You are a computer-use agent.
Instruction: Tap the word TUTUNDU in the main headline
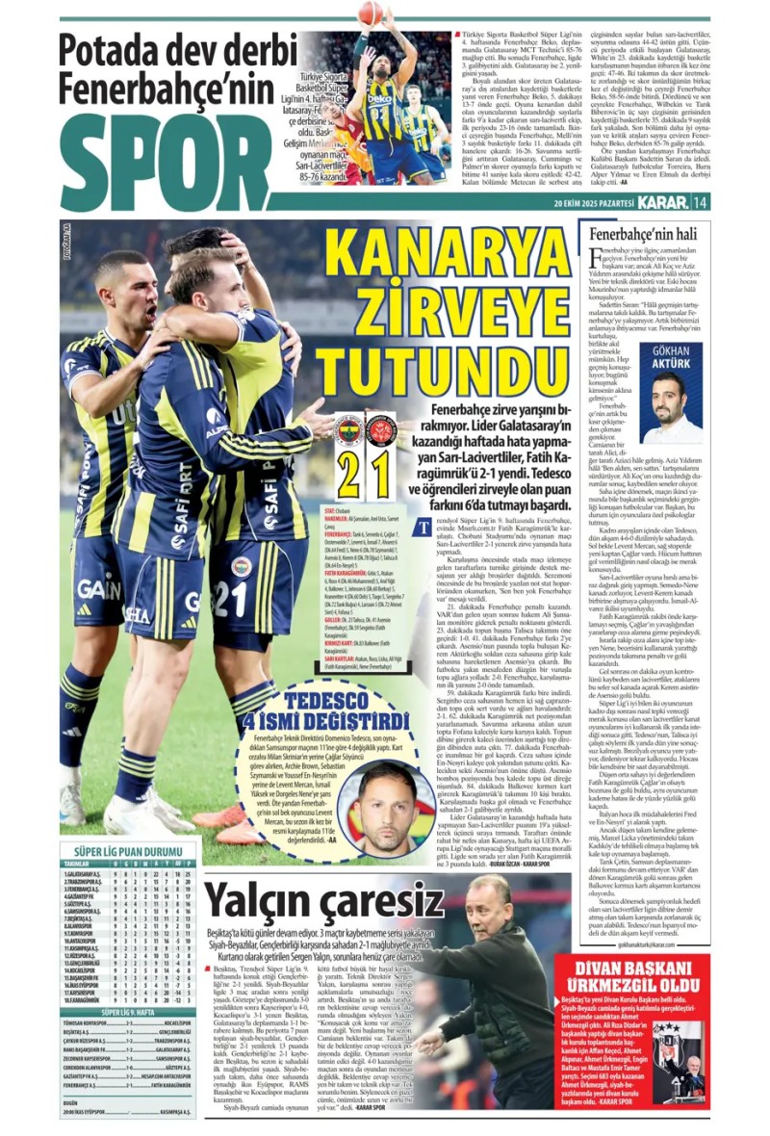[x=453, y=372]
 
